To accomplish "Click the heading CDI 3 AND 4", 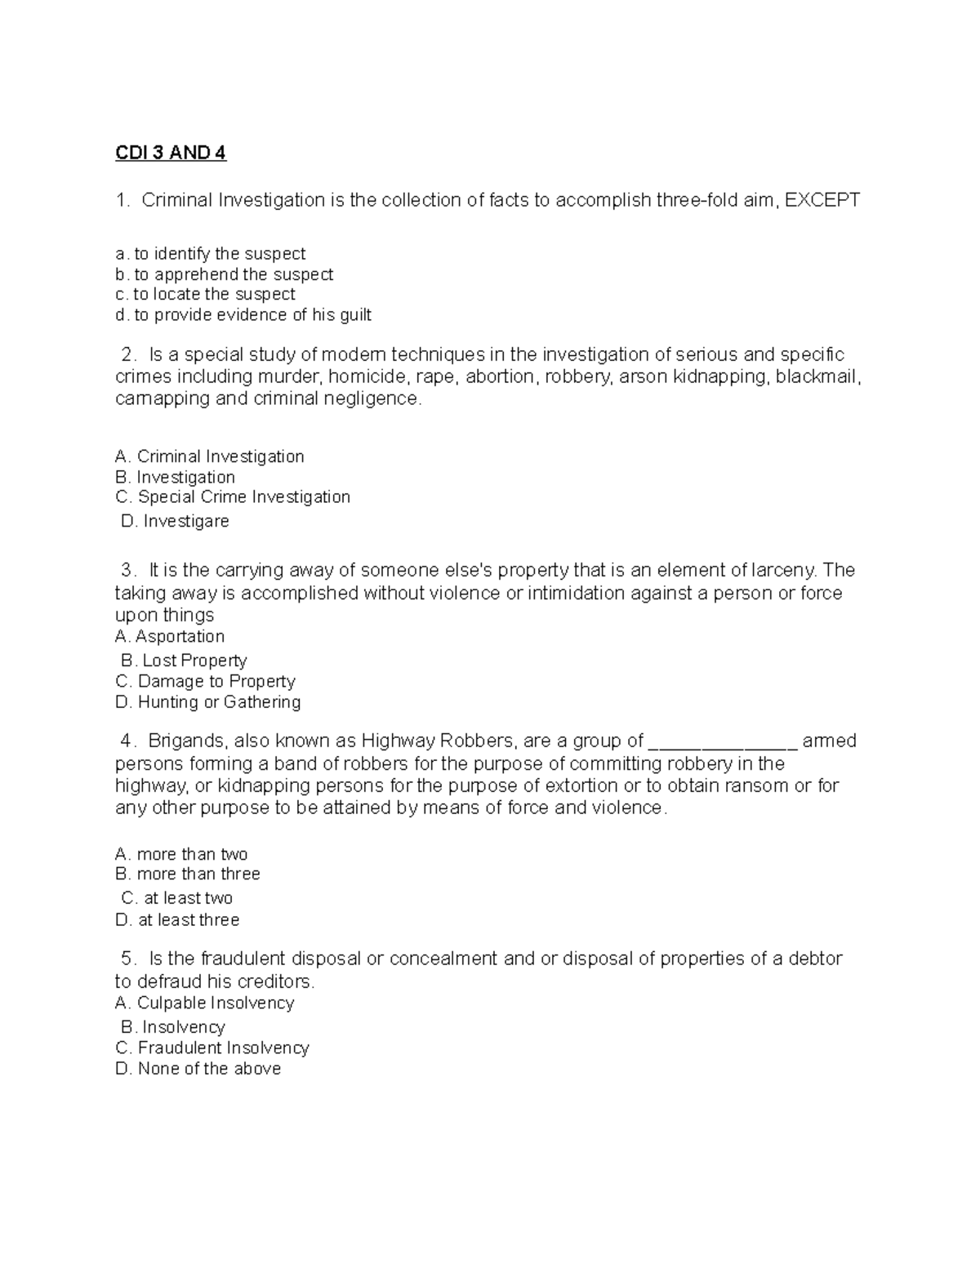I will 170,153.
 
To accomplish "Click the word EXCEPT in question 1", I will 822,200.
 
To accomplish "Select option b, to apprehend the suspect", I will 225,274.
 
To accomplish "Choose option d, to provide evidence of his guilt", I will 243,315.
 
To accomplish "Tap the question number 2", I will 127,354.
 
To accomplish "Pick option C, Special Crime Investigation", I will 233,497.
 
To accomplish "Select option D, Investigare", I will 175,521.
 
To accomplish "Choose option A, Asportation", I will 170,636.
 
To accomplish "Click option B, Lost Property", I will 184,661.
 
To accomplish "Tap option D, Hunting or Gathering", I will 208,702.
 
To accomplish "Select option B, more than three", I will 188,874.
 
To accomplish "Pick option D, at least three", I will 178,920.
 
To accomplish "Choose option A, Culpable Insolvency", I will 205,1003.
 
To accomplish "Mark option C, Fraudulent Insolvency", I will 212,1048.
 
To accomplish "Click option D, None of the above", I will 198,1069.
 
